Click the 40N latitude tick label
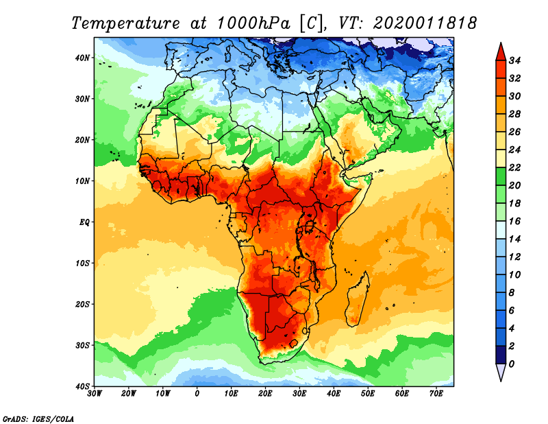pyautogui.click(x=83, y=58)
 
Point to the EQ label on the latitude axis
pyautogui.click(x=84, y=222)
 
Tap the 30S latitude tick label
pyautogui.click(x=83, y=345)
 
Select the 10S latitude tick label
pyautogui.click(x=83, y=263)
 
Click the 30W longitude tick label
pyautogui.click(x=95, y=393)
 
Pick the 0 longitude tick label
pyautogui.click(x=197, y=393)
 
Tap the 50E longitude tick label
pyautogui.click(x=368, y=393)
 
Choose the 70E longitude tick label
pyautogui.click(x=436, y=393)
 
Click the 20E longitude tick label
pyautogui.click(x=266, y=393)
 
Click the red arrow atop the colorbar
pyautogui.click(x=501, y=51)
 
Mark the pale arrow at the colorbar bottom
pyautogui.click(x=501, y=373)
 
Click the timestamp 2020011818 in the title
pyautogui.click(x=425, y=23)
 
